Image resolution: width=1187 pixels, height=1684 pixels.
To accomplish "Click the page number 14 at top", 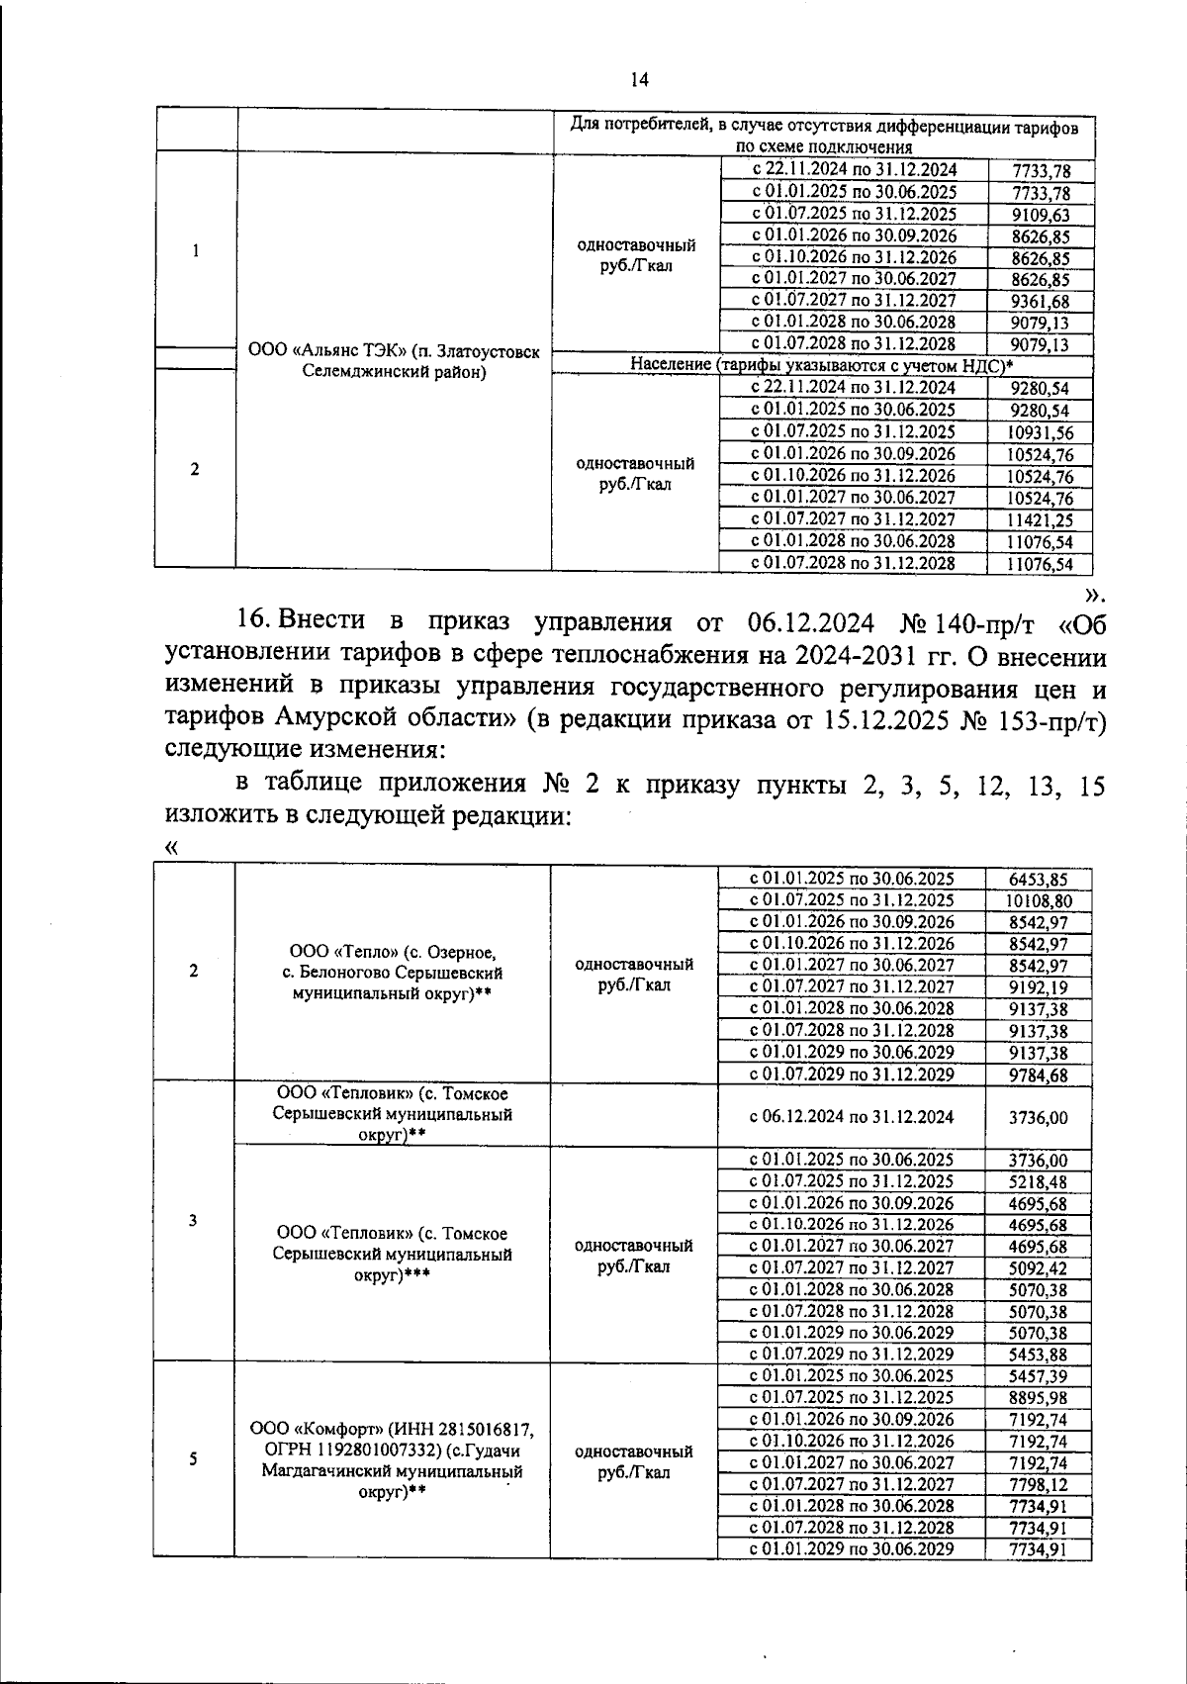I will click(639, 79).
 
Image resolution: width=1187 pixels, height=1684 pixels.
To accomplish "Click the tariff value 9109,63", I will click(1040, 215).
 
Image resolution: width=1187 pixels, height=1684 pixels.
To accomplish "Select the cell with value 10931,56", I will click(1040, 432).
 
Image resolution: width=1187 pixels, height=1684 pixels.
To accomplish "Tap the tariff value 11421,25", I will click(1040, 519).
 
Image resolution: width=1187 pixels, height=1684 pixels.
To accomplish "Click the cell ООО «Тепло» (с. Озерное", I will click(392, 952).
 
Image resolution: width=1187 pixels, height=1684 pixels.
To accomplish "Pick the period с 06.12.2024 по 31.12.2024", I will click(851, 1117).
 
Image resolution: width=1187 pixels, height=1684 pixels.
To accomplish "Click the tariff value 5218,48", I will click(1038, 1182).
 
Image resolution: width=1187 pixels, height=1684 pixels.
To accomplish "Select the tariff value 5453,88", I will click(1038, 1355).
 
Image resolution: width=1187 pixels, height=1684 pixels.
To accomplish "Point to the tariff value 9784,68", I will click(1038, 1075).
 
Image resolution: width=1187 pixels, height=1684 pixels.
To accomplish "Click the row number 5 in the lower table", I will click(193, 1458).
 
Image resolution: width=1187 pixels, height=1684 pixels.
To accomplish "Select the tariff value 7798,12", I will click(1038, 1484).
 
